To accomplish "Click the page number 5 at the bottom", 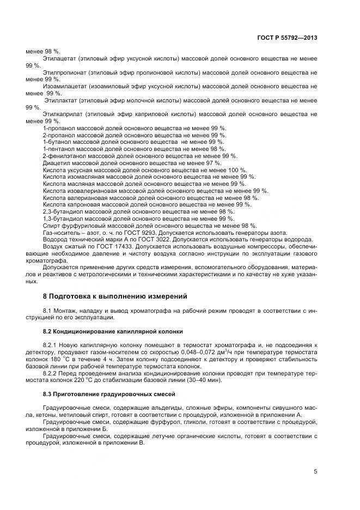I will [x=315, y=472].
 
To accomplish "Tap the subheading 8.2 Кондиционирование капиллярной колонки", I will [x=113, y=331].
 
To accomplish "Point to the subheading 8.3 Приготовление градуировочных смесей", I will [x=109, y=393].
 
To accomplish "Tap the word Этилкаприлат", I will [x=61, y=114].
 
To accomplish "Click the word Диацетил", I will [x=54, y=162].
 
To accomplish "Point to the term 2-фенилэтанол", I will [x=61, y=155].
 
